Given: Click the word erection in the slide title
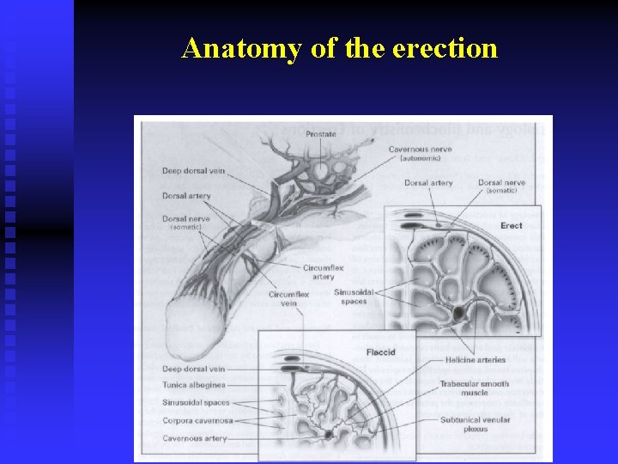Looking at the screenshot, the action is point(445,48).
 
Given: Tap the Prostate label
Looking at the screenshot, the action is point(321,133).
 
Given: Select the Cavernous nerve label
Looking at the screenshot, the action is point(420,150).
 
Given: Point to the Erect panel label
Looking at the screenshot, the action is point(511,226).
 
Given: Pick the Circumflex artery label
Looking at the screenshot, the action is point(323,272).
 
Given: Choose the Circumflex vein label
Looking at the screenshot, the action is point(288,299).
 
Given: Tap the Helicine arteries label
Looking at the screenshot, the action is point(476,360).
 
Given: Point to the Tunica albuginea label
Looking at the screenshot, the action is point(194,386).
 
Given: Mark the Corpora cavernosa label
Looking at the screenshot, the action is point(196,421).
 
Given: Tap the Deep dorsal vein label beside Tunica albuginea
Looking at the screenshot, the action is point(193,369).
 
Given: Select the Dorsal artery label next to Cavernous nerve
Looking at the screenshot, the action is point(428,183).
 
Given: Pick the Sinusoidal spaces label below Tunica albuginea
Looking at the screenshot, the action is point(196,402).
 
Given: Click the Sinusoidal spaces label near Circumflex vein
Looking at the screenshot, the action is point(354,296).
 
